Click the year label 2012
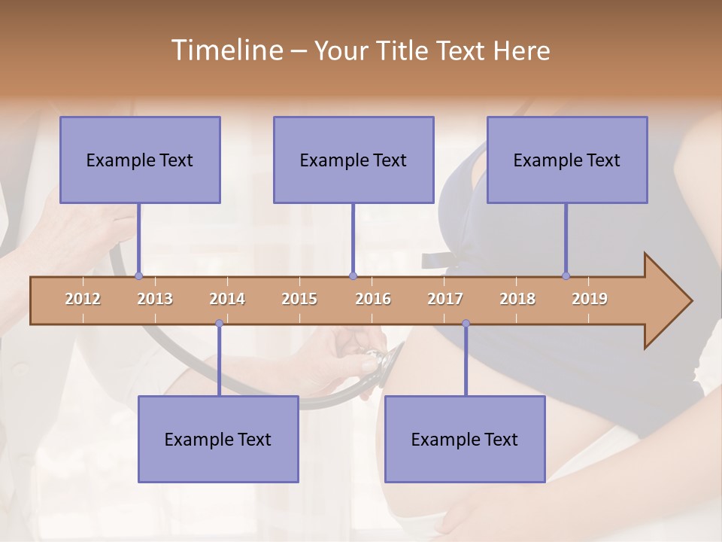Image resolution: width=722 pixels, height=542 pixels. coord(83,299)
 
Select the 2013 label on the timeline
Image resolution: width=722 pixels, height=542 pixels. coord(155,299)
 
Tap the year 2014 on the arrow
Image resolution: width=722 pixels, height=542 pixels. coord(227,299)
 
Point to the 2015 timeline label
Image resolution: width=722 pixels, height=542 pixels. coord(299,299)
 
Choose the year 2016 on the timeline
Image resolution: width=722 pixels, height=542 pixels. coord(373,299)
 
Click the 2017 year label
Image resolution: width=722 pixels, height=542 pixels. coord(445,299)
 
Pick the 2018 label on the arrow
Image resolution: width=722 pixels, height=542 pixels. coord(517,299)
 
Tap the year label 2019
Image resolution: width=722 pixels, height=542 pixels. coord(590,299)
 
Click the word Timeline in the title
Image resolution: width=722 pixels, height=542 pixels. coord(226,50)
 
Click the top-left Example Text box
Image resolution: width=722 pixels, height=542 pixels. coord(140,160)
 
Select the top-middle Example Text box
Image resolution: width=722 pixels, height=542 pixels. coord(353,160)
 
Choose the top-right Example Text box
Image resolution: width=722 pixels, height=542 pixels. coord(567,160)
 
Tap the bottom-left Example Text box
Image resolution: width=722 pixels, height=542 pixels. coord(218,439)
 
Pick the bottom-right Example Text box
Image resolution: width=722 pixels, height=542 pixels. coord(465,439)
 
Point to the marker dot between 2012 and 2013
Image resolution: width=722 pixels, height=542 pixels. coord(138,276)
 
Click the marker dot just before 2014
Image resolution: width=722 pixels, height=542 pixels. coord(219,324)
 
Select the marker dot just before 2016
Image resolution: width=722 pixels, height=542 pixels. coord(353,276)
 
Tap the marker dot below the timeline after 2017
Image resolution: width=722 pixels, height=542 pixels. coord(466,324)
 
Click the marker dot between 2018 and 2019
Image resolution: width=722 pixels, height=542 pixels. coord(566,276)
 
